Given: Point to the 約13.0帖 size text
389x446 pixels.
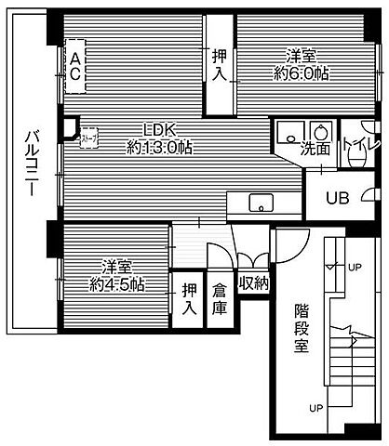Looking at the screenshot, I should tap(159, 147).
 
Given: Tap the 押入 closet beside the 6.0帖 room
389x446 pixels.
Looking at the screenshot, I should tap(220, 64).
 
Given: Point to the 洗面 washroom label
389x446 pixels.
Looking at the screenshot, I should tap(315, 148).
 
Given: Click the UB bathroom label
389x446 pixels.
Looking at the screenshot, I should tap(337, 196).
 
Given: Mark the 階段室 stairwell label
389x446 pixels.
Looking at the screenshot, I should tap(301, 326).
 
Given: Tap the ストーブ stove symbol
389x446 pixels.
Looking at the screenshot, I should tap(88, 138).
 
